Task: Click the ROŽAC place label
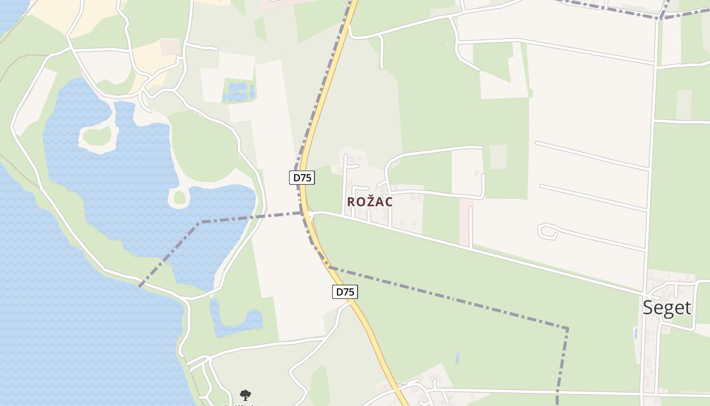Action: click(370, 201)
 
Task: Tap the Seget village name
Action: click(667, 308)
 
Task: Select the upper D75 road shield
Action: click(302, 178)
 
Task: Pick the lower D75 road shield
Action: click(345, 292)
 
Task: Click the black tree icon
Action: click(245, 395)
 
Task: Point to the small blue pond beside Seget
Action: click(636, 333)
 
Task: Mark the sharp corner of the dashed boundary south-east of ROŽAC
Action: click(566, 329)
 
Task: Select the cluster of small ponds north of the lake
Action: click(238, 91)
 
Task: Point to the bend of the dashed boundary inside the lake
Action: click(201, 222)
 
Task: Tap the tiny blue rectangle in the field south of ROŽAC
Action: click(458, 358)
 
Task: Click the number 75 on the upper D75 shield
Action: click(306, 178)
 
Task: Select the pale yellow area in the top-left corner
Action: click(91, 18)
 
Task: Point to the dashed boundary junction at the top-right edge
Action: click(660, 18)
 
